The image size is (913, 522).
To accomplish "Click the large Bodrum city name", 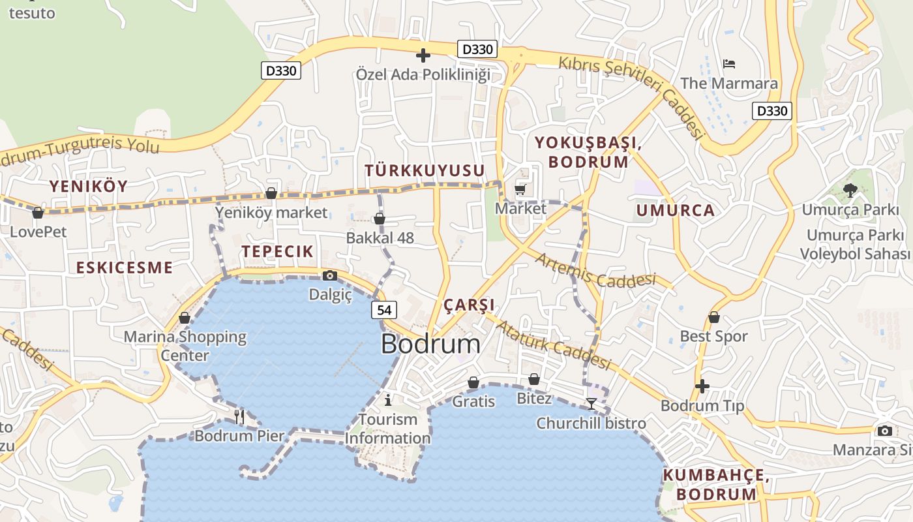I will [x=430, y=344].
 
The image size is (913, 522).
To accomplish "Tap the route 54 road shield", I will [x=385, y=310].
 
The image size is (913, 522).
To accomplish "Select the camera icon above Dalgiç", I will [x=330, y=275].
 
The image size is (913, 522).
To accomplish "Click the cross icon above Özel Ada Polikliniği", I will [x=423, y=55].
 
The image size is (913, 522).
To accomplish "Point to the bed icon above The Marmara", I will [x=729, y=64].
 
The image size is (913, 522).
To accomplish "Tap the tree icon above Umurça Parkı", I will [x=850, y=190].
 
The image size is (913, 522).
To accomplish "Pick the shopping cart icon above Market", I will [x=520, y=189].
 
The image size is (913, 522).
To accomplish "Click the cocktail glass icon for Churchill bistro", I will [x=591, y=404].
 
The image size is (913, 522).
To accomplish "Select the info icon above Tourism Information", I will [x=388, y=399].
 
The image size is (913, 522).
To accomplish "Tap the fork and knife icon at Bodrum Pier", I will [x=239, y=416].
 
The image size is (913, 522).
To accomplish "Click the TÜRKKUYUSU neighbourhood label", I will [x=425, y=170].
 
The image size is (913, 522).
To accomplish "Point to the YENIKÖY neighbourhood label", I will [x=89, y=187].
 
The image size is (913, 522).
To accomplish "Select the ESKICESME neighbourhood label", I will [x=125, y=268].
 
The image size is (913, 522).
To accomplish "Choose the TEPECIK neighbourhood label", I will [x=278, y=251].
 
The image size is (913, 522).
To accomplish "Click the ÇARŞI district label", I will [x=469, y=305].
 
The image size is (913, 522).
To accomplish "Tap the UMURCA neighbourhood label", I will [x=676, y=210].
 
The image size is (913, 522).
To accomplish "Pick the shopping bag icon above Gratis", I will [x=473, y=382].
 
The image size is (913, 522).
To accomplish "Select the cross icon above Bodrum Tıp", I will [x=702, y=386].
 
